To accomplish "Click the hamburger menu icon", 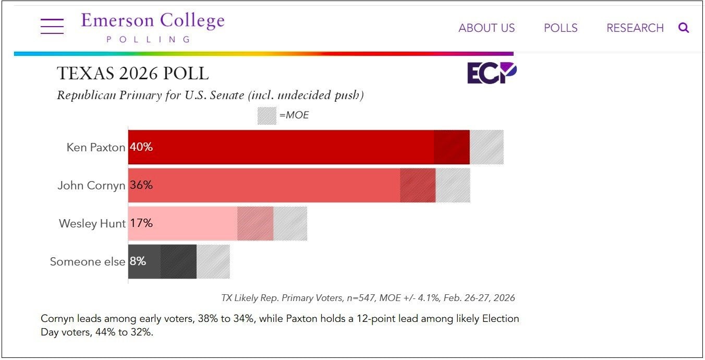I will (x=52, y=26).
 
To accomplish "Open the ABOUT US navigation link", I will (x=487, y=28).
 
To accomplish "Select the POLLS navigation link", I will (x=561, y=28).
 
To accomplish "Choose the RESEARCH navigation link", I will (x=635, y=28).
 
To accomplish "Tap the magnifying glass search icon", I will (x=684, y=28).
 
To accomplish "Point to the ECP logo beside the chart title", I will (x=491, y=73).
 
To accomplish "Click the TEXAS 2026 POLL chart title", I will (x=132, y=74).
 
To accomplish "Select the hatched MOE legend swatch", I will (x=266, y=115).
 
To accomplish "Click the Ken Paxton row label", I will (x=95, y=148).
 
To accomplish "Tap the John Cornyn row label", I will (x=91, y=186).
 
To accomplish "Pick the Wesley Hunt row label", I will (x=92, y=224).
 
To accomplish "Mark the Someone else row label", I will (x=87, y=262).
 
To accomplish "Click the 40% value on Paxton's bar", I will (x=141, y=147).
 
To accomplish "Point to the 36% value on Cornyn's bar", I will (x=141, y=185).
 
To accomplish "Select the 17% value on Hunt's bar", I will (x=141, y=223).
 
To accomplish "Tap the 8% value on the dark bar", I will (x=138, y=261).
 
